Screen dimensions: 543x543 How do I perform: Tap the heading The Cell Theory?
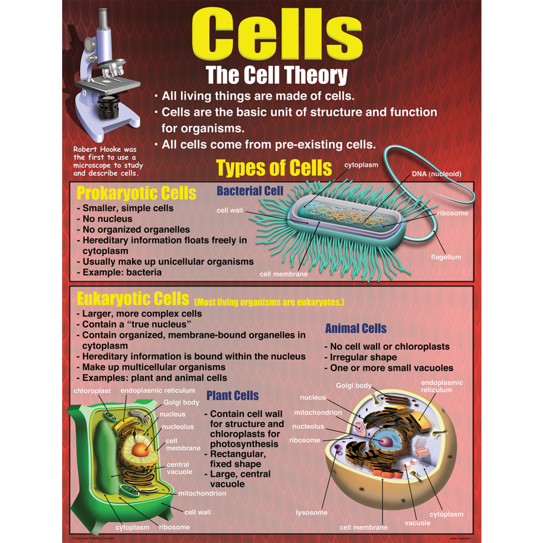coord(276,75)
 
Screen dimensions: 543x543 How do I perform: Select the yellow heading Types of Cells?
coord(274,167)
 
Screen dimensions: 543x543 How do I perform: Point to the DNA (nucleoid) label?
coord(436,174)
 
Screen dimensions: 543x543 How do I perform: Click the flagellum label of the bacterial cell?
coord(446,257)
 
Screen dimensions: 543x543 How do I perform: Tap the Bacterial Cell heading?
coord(250,191)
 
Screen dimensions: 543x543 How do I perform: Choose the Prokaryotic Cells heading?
coord(136,193)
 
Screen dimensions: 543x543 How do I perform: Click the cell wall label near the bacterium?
coord(230,211)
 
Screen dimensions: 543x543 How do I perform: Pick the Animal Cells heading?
coord(355,329)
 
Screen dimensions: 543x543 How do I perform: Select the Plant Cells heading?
coord(232,396)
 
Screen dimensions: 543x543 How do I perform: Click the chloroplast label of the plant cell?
coord(92,391)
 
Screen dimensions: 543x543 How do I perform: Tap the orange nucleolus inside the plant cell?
coord(141,449)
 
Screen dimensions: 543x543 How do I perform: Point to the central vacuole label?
coord(179,468)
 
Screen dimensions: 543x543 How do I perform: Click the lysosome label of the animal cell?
coord(311,513)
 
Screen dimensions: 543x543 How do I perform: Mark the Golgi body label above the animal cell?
coord(354,386)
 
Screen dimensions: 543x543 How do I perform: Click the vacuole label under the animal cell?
coord(418,522)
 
